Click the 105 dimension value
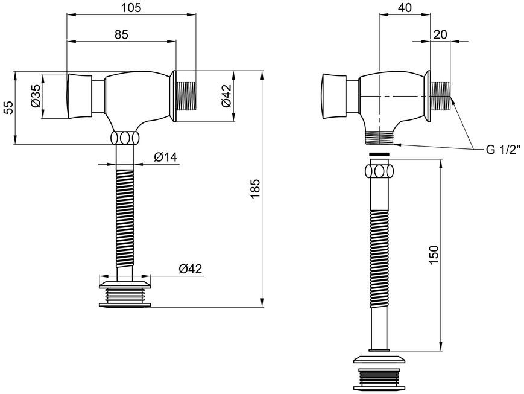[131, 7]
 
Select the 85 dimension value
[121, 34]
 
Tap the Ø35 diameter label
[36, 96]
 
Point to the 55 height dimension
[10, 107]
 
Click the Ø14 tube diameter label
[166, 157]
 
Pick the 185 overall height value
[255, 189]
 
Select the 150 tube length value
[434, 255]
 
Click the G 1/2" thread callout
[503, 149]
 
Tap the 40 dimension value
[405, 7]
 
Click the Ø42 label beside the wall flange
[226, 96]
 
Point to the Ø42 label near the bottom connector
[191, 268]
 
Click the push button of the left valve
[79, 97]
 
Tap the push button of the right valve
[333, 97]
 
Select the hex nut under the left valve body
[125, 138]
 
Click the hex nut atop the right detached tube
[379, 171]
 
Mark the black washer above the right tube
[379, 154]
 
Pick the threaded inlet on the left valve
[186, 97]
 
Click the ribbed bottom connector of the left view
[125, 294]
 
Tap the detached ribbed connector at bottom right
[379, 373]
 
